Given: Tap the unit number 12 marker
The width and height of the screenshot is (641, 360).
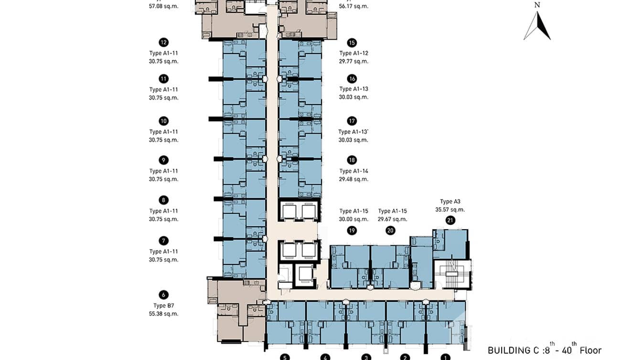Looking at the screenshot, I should tap(164, 42).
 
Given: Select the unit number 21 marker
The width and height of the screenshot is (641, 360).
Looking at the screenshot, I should tap(450, 220).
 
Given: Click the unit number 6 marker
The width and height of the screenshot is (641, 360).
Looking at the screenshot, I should tap(164, 295).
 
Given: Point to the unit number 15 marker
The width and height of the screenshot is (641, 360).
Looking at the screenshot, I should tap(352, 42).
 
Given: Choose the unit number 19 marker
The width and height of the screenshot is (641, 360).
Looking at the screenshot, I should tap(352, 231).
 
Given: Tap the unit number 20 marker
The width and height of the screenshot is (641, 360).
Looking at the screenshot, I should tap(390, 231).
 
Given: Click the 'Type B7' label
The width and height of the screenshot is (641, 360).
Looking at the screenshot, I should tap(163, 306).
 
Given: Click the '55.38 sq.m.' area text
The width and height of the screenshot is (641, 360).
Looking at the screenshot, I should tap(163, 314).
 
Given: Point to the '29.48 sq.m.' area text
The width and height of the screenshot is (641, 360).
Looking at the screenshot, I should tap(353, 179).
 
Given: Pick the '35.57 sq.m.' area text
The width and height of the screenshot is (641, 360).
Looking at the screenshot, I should tap(450, 209).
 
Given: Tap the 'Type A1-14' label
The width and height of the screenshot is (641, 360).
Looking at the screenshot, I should tap(353, 171).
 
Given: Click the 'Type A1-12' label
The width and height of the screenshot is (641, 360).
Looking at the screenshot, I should tap(353, 53).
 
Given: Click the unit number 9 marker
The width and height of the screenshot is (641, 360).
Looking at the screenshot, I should tap(164, 160).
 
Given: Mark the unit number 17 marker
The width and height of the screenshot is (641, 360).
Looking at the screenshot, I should tap(352, 121).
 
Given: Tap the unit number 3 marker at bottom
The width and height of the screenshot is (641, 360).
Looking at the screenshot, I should tap(366, 357).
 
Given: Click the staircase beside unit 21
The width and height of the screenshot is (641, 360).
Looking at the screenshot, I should tap(451, 274).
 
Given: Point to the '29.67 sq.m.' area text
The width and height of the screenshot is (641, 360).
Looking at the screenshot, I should tap(392, 219).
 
